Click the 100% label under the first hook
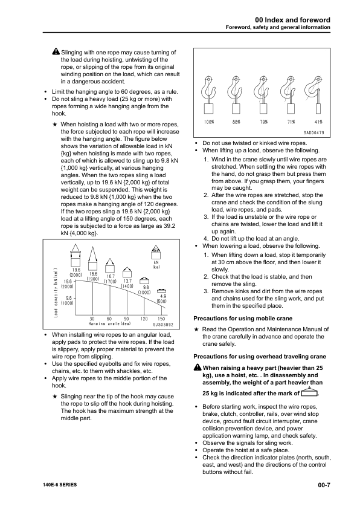(210, 122)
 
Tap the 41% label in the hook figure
(318, 122)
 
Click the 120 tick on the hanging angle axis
(144, 318)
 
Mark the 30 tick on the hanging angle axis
(91, 318)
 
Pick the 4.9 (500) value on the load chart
(161, 298)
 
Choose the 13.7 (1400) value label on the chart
(127, 284)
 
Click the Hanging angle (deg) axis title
(110, 324)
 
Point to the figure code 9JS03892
(161, 325)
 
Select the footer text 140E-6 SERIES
(60, 485)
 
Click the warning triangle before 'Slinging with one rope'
(56, 53)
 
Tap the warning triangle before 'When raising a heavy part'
(198, 368)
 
